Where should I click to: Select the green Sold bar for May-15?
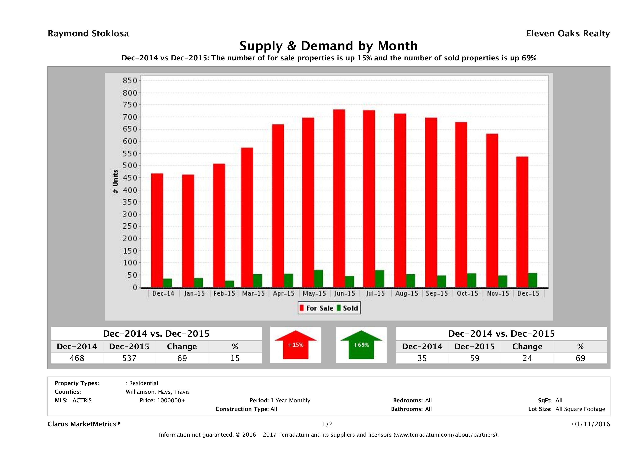(x=318, y=279)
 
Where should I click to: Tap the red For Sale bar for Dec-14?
(x=157, y=231)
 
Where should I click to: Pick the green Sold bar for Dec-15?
(x=533, y=280)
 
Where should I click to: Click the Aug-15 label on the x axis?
(x=407, y=294)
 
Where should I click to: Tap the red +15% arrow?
(x=295, y=345)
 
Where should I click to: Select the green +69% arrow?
(x=361, y=345)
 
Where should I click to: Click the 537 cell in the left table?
(x=129, y=358)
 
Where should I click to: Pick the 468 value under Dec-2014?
(x=77, y=358)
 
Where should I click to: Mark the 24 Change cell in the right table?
(x=527, y=358)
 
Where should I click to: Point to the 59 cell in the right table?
(x=475, y=358)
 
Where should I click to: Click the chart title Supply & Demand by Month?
(x=329, y=46)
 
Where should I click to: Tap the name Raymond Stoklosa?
(x=88, y=34)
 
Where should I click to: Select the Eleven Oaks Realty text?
(x=568, y=34)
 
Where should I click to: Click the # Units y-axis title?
(x=115, y=182)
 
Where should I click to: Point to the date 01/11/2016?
(x=591, y=424)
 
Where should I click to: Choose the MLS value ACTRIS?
(x=82, y=400)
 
